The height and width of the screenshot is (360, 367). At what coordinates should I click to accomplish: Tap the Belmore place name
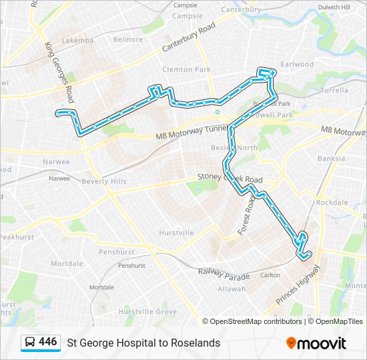click(x=128, y=39)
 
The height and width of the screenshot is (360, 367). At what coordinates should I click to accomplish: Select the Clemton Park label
click(x=186, y=69)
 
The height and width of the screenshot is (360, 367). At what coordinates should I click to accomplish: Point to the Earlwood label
click(x=297, y=65)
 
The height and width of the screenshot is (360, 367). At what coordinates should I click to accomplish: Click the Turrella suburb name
click(x=334, y=90)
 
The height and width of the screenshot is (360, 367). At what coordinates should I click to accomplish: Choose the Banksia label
click(x=332, y=159)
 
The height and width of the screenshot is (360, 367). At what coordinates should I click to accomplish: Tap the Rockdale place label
click(x=332, y=202)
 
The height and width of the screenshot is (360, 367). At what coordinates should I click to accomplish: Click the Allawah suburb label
click(x=232, y=289)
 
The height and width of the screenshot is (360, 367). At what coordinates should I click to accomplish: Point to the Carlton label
click(x=270, y=275)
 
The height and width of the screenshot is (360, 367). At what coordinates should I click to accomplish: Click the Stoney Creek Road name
click(x=230, y=179)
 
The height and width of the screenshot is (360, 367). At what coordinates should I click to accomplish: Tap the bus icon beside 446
click(x=31, y=343)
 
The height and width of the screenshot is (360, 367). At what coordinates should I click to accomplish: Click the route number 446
click(x=48, y=342)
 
